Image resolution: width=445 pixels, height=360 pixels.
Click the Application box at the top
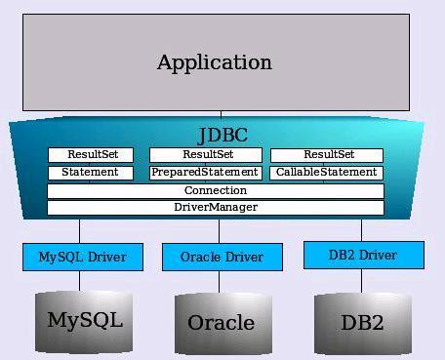[215, 62]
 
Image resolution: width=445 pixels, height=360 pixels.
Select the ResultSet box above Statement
[93, 155]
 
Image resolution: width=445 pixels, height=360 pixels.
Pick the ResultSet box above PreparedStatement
[206, 155]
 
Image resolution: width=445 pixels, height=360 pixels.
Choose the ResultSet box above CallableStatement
[326, 155]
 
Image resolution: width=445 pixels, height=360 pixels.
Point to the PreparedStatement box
[206, 173]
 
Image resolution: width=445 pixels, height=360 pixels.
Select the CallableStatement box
[326, 173]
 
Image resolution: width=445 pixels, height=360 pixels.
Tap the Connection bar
[216, 190]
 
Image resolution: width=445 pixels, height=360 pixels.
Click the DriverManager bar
[216, 208]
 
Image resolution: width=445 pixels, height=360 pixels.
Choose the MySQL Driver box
[82, 258]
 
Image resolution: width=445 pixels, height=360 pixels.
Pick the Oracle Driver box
[222, 258]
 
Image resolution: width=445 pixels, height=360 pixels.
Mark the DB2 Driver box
[363, 256]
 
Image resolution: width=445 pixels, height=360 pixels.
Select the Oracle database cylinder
[221, 322]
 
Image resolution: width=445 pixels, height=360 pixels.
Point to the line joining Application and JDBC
[221, 115]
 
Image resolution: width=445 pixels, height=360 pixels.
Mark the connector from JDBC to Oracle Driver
[220, 230]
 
